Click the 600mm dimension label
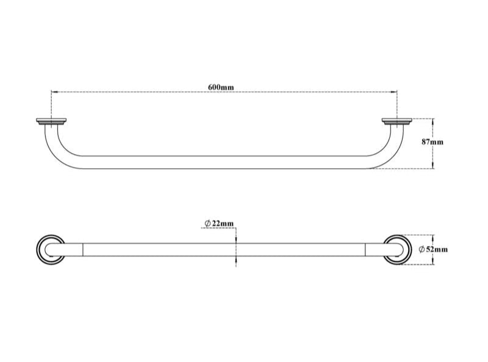221,87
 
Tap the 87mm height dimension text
432,141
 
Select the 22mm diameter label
219,224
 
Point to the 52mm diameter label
434,249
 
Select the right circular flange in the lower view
398,249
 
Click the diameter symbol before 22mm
207,224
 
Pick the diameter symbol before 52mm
422,249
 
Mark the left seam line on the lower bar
82,249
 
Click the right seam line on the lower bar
365,249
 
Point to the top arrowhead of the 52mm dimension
433,236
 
